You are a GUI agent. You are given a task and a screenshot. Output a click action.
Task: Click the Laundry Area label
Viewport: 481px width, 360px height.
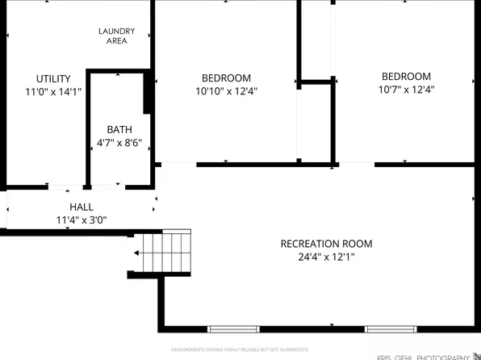[x=116, y=36]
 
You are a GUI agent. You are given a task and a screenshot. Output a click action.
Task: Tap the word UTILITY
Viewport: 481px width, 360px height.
[x=53, y=79]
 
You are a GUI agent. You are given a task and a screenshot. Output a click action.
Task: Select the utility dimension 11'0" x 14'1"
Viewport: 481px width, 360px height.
[x=53, y=92]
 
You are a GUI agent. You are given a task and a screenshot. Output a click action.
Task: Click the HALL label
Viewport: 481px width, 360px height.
[x=81, y=207]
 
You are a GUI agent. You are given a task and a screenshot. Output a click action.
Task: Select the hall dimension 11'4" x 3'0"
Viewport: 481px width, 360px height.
[x=81, y=220]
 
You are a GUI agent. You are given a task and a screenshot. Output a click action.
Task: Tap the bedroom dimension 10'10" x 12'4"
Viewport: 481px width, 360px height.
[x=226, y=91]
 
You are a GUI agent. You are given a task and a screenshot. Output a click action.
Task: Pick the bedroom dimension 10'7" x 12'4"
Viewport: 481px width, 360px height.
[x=406, y=90]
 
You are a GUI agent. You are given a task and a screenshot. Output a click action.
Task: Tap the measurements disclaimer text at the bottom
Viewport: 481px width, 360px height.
[x=239, y=350]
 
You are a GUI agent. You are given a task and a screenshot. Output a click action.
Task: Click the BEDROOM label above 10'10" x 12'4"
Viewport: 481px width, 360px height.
[x=226, y=78]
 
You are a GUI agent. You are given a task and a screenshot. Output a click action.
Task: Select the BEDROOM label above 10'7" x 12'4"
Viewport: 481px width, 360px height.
[x=406, y=77]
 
